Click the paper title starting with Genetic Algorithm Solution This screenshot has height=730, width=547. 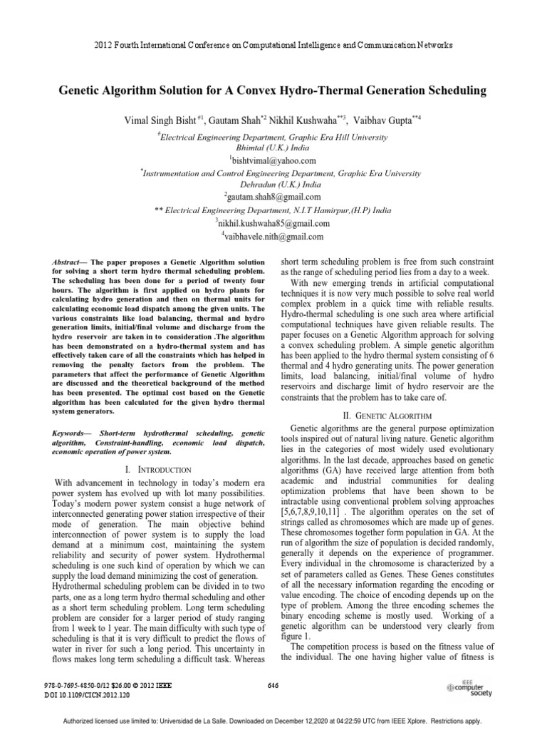273,91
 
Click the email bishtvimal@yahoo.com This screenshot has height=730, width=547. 273,160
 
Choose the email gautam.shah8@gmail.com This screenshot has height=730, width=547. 273,197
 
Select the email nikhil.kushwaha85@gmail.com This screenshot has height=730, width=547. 273,223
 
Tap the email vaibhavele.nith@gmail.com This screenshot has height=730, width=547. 273,236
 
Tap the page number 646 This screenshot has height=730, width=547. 273,685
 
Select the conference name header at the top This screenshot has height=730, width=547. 273,44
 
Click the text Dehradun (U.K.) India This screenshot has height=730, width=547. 273,183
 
